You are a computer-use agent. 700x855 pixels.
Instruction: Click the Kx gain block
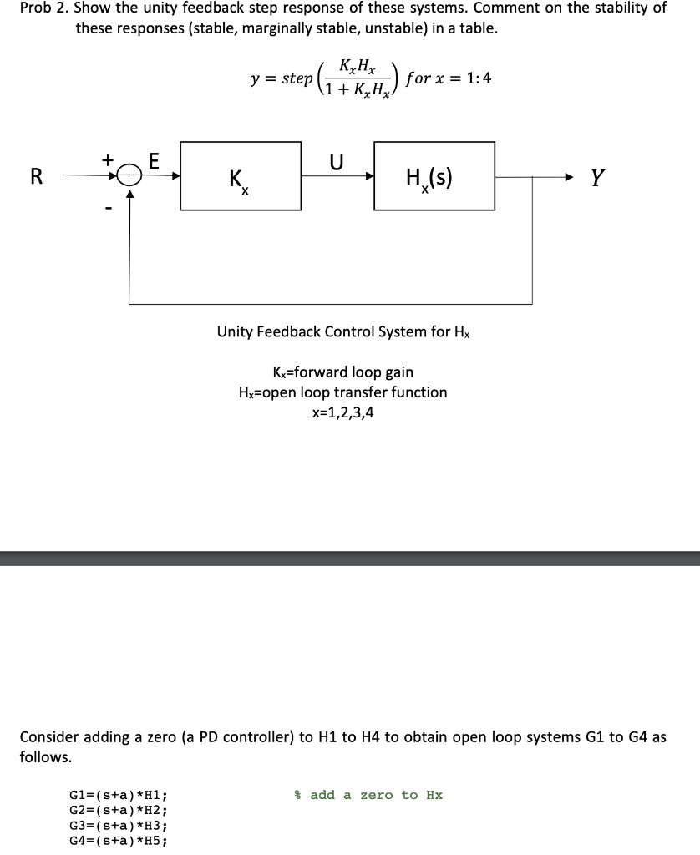tap(241, 175)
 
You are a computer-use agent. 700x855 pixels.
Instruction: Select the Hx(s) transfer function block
tap(434, 175)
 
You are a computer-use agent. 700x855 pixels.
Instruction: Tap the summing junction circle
tap(128, 175)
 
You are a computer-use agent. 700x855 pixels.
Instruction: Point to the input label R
tap(36, 176)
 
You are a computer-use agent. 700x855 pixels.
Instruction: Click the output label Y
tap(596, 176)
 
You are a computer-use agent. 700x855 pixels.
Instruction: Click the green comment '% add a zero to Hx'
tap(368, 795)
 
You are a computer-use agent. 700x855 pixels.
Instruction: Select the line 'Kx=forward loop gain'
tap(342, 372)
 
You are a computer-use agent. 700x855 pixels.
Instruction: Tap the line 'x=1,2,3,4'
tap(342, 412)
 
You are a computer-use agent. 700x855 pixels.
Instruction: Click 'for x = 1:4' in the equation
tap(448, 78)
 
